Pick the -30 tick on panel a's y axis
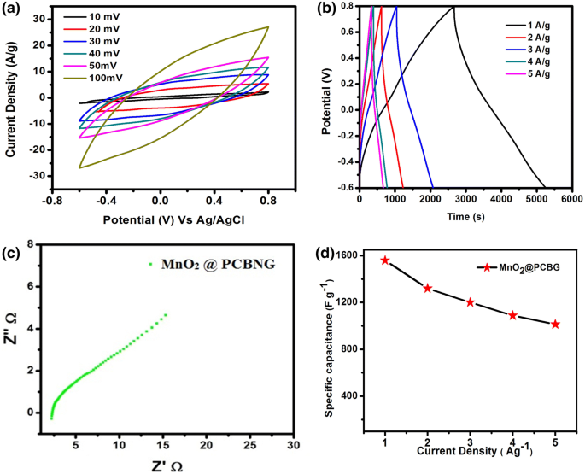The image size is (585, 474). [x=37, y=176]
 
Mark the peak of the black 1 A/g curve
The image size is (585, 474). [x=453, y=7]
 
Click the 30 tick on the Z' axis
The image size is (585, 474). [x=293, y=446]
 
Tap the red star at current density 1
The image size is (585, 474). [x=385, y=260]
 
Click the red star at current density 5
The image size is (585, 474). [x=555, y=324]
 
